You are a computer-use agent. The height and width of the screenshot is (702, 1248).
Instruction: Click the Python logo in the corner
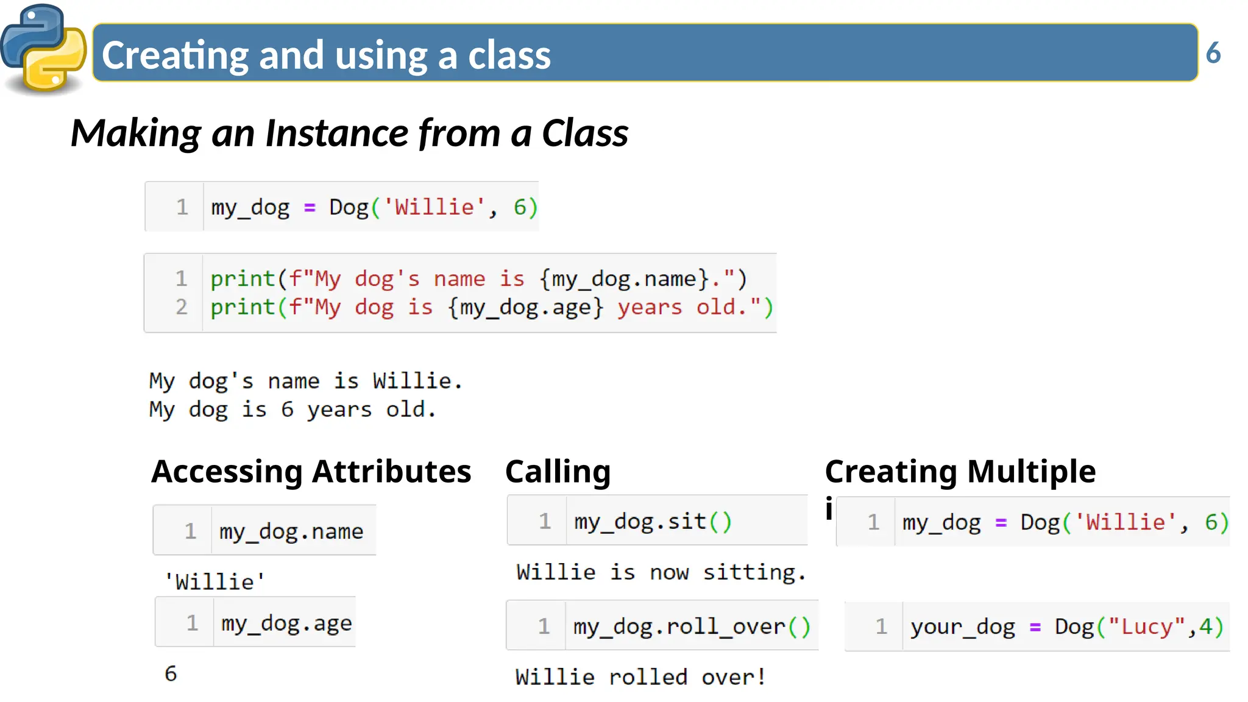pos(43,49)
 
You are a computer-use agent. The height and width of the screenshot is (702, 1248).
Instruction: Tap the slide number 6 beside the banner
pos(1213,53)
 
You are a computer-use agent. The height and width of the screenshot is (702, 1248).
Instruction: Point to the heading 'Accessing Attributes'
pos(311,472)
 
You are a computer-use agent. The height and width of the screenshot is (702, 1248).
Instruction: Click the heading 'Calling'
pos(558,472)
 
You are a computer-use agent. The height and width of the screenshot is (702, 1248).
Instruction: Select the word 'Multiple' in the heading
pos(1031,472)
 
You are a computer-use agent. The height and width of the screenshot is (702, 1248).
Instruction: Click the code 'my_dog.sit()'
pos(653,522)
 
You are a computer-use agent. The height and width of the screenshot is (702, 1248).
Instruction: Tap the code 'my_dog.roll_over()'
pos(692,626)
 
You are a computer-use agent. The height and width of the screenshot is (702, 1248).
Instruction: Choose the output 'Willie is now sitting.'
pos(661,572)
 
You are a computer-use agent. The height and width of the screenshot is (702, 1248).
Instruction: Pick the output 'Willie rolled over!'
pos(640,677)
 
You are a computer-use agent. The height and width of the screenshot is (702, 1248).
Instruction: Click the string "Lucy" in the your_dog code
pos(1146,626)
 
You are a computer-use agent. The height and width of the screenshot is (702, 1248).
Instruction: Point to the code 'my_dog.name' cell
pos(291,531)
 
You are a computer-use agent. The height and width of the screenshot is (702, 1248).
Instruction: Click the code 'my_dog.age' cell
pos(286,623)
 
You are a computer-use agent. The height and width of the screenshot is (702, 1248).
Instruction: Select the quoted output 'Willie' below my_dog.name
pos(215,582)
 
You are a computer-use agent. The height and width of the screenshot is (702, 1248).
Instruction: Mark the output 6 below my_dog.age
pos(171,673)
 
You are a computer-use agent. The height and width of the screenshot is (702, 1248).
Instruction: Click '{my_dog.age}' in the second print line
pos(525,307)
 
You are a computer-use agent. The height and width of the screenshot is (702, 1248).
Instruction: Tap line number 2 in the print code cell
pos(182,307)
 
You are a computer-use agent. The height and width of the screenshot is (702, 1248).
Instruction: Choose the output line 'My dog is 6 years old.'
pos(292,409)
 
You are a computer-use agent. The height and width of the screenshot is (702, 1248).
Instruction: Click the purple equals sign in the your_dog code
pos(1035,626)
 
